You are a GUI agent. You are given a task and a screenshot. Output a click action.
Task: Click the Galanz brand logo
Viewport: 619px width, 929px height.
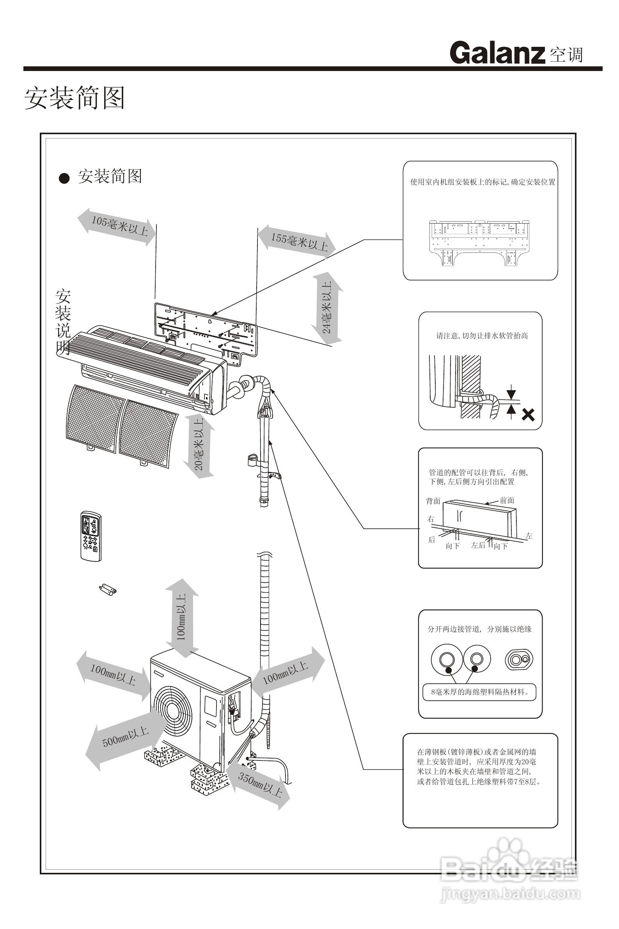497,53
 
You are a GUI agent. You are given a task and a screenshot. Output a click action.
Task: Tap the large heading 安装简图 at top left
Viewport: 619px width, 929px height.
75,98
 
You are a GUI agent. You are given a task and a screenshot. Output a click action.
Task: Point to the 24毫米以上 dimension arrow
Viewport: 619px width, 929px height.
327,307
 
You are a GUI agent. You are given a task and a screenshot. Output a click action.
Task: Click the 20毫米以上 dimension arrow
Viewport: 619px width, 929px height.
199,446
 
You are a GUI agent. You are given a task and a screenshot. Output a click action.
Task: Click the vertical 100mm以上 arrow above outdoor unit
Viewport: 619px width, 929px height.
181,618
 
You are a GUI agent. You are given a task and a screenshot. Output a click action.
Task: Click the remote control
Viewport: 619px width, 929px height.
91,536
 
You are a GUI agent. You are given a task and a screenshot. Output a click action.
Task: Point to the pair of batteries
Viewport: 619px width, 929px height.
107,590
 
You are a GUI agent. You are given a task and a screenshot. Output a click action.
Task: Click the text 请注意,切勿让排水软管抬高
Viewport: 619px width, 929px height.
482,336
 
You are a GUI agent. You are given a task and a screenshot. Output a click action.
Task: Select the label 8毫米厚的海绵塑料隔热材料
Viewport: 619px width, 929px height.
479,692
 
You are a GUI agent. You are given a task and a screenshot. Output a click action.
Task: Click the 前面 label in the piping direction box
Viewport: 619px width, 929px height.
507,500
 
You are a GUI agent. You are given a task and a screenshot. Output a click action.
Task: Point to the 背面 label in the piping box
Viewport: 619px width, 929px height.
433,501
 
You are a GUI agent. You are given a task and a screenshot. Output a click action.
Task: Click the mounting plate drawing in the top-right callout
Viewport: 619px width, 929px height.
479,242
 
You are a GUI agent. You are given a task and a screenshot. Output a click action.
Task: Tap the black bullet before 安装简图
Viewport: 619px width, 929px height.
64,178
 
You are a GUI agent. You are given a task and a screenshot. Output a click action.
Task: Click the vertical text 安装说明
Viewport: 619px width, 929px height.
63,322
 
